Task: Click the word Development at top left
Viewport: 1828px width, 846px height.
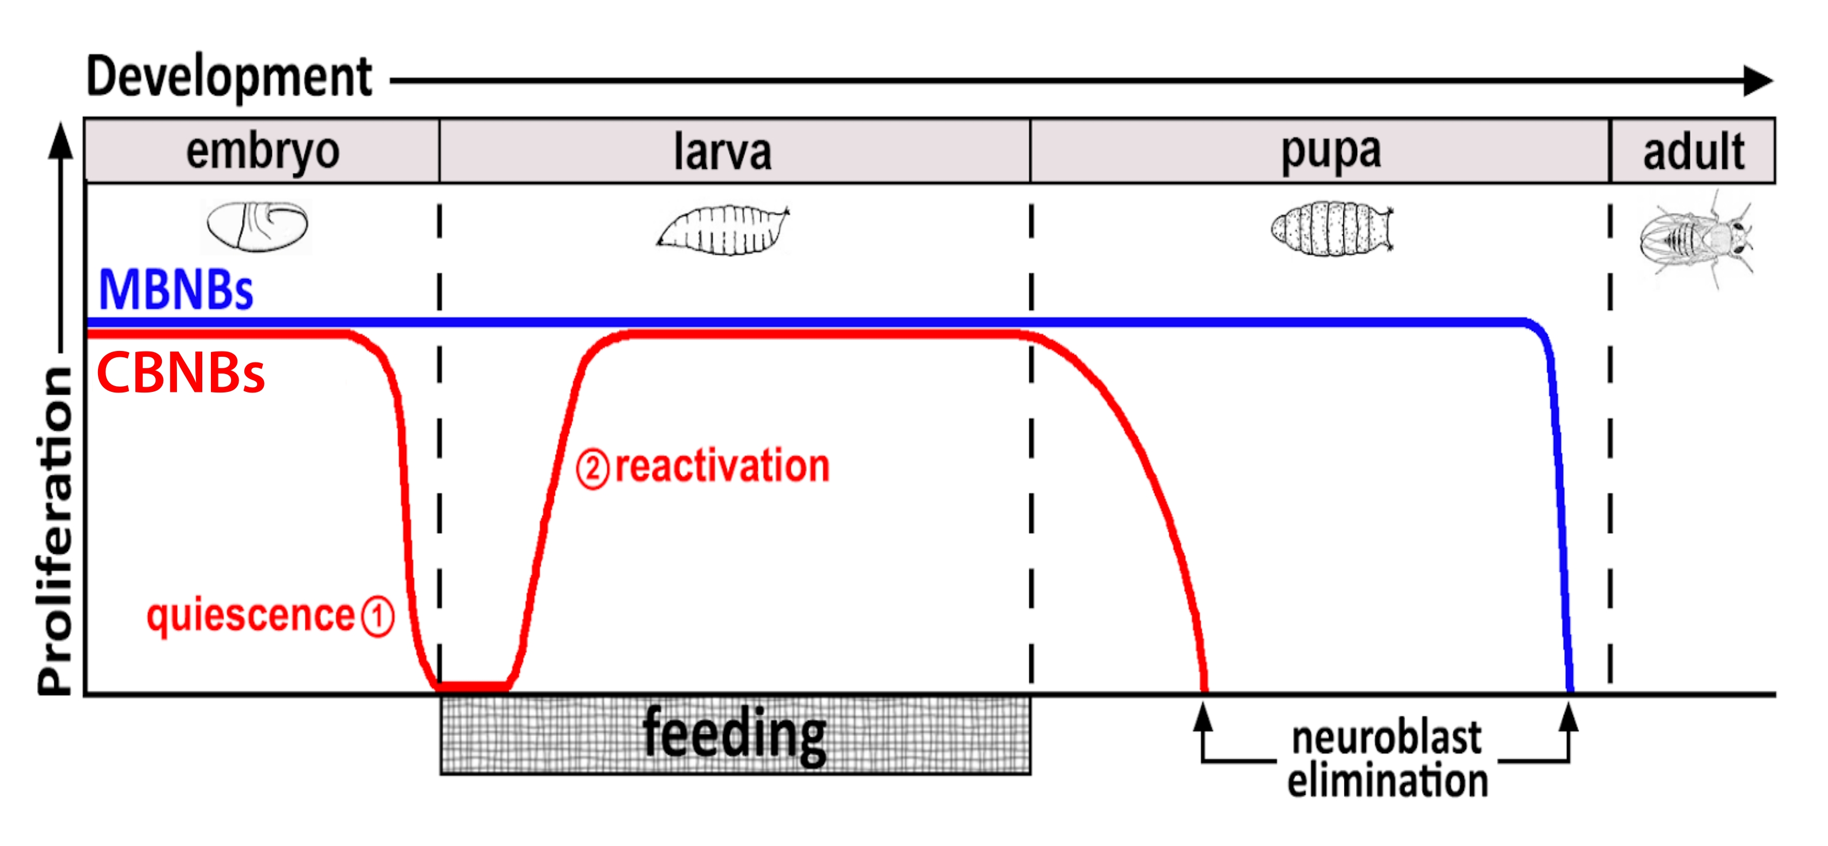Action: pos(228,77)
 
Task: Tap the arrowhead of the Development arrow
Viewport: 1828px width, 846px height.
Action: pos(1758,80)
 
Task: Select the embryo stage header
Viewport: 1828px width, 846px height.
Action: pos(263,151)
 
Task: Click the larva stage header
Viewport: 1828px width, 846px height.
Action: pos(723,151)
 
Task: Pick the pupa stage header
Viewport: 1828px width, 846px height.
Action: pos(1331,151)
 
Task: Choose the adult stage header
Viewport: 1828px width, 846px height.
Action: pos(1693,151)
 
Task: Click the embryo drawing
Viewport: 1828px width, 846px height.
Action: pos(257,226)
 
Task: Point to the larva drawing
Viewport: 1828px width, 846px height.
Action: pos(723,230)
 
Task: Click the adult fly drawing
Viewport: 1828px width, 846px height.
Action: pos(1696,238)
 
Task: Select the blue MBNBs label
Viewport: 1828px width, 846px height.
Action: pos(175,289)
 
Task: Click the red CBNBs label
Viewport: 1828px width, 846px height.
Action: pos(180,373)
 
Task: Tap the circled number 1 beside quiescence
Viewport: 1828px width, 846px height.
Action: pos(377,616)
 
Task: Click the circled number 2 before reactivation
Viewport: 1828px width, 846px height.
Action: pos(592,469)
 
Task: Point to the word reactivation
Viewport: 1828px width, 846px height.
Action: pos(722,466)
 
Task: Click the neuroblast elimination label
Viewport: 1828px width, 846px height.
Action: pos(1387,760)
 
